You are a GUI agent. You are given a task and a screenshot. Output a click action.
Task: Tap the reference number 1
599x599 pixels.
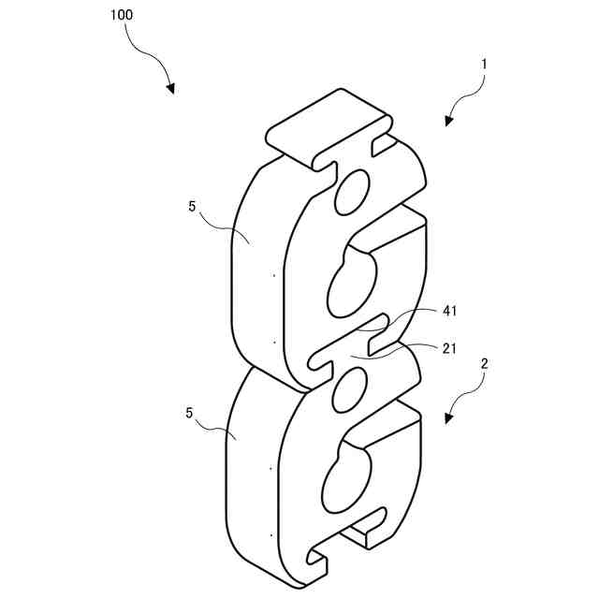point(484,65)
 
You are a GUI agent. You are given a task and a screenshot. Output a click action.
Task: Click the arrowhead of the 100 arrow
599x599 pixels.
point(171,90)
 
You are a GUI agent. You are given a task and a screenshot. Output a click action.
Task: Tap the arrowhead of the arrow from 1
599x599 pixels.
point(449,121)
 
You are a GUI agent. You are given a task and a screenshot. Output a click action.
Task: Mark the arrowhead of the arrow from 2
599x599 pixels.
point(448,418)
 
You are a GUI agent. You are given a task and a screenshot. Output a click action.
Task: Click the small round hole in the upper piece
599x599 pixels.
point(353,192)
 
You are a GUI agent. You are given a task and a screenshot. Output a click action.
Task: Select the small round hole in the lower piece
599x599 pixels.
point(348,388)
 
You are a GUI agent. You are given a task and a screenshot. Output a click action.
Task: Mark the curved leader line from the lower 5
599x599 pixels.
point(217,428)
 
